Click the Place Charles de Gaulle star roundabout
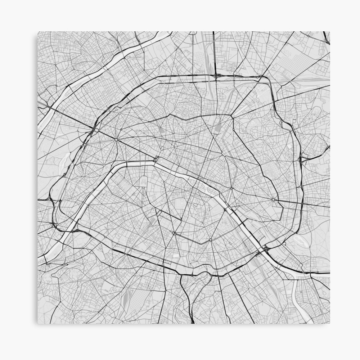point(116,139)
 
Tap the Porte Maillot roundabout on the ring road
point(96,130)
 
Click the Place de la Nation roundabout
point(273,199)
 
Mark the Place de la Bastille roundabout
point(231,188)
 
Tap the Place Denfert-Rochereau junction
point(174,233)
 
